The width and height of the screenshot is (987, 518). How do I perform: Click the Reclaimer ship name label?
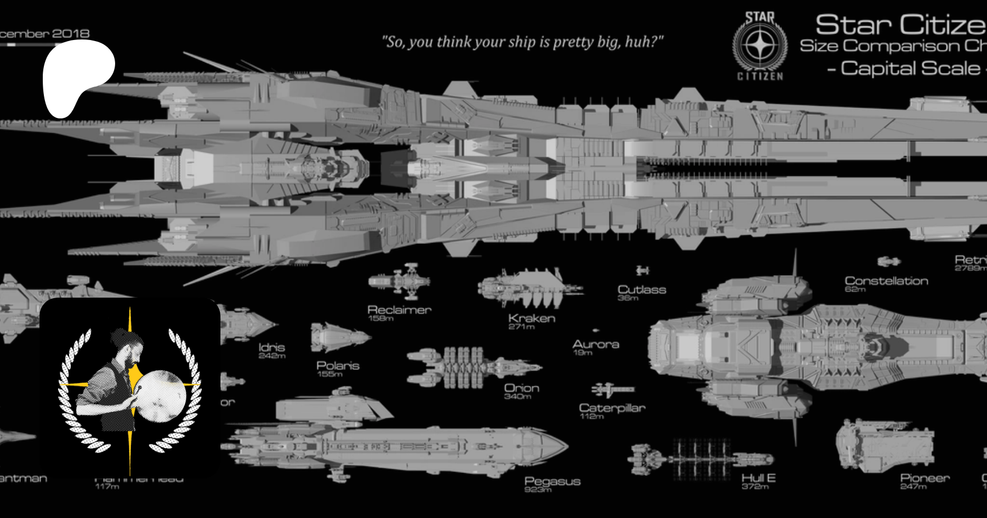pos(399,310)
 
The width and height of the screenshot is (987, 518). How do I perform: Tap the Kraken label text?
pos(531,318)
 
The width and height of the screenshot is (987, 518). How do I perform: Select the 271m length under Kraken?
pos(521,327)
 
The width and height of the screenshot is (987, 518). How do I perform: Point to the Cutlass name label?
pos(642,289)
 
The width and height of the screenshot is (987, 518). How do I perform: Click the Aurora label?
pos(595,344)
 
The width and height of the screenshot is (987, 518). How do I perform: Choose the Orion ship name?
pos(521,388)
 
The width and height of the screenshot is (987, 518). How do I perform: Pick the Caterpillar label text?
pos(612,408)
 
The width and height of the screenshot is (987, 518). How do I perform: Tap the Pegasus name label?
pos(552,481)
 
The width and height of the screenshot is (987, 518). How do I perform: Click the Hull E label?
pos(758,478)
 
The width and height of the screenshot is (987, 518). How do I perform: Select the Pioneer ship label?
pos(924,478)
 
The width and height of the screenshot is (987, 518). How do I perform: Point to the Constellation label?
pos(886,281)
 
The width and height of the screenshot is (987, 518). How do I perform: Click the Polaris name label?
pos(338,366)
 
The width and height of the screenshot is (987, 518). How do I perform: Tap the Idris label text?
pos(271,347)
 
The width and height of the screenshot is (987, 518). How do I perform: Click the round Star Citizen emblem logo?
pos(760,46)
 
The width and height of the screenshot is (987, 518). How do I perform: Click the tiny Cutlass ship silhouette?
pos(642,270)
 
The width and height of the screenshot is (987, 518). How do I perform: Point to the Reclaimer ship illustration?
pos(400,281)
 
